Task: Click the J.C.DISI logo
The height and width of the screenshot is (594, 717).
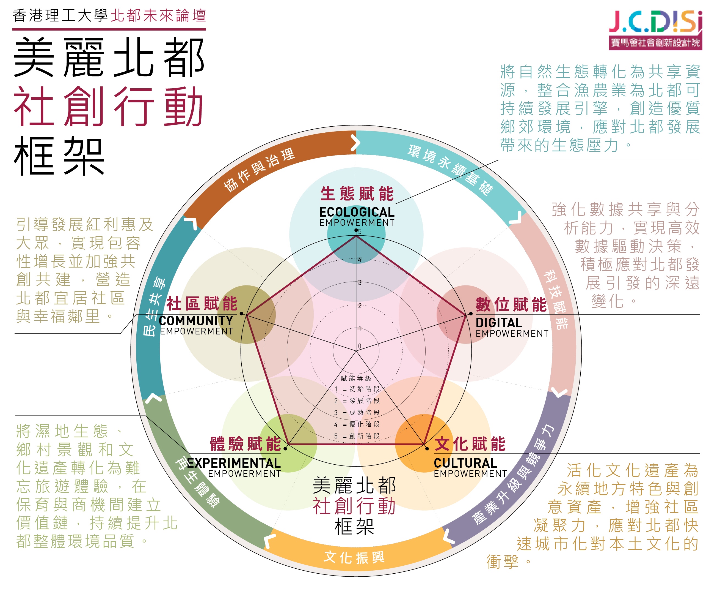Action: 655,30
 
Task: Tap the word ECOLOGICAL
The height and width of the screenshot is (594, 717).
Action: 357,212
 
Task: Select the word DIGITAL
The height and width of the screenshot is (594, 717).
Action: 499,323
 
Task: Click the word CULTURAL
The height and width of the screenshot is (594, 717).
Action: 465,463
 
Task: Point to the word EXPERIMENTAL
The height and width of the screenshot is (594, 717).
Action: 234,463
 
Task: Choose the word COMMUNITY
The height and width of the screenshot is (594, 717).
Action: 196,321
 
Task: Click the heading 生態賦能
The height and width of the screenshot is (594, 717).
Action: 357,194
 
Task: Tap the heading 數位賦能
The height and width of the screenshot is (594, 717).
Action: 511,304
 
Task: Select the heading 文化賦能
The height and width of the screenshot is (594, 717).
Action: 470,444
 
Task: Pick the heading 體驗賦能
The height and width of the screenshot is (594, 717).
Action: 246,444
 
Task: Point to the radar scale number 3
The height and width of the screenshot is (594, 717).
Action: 360,283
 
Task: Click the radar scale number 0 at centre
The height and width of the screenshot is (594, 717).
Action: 360,346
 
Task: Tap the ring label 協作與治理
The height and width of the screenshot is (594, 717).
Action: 259,170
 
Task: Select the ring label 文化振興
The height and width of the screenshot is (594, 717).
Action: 354,557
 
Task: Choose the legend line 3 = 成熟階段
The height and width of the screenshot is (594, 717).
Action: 357,413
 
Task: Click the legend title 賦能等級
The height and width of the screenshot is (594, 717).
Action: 356,378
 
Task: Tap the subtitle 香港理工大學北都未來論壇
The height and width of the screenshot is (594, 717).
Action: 109,16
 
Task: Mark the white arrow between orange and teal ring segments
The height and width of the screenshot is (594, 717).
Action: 355,143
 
